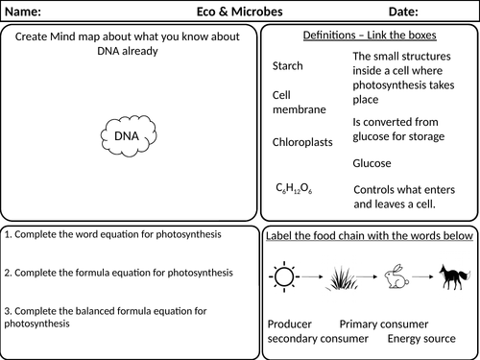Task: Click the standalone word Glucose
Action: coord(372,163)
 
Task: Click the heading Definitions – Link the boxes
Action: coord(369,35)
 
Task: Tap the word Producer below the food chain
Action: coord(291,324)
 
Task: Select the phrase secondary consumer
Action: coord(318,339)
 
